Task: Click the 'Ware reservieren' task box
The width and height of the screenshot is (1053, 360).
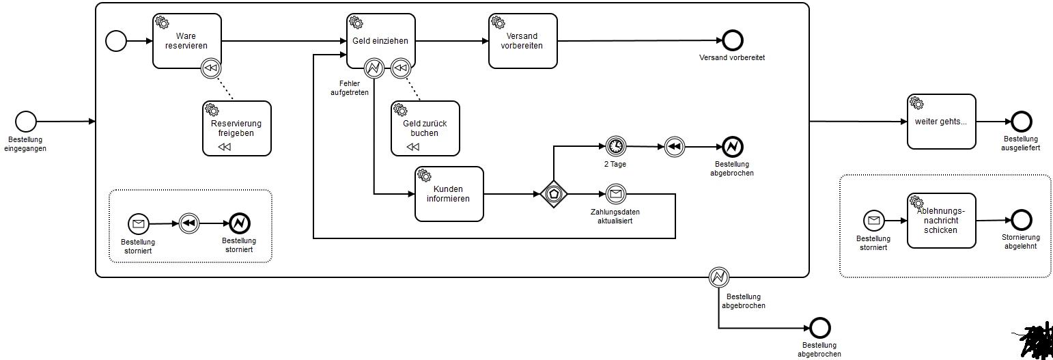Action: pyautogui.click(x=187, y=41)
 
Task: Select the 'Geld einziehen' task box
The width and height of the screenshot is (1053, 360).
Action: pyautogui.click(x=380, y=41)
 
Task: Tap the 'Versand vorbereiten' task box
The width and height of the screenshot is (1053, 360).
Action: pyautogui.click(x=522, y=41)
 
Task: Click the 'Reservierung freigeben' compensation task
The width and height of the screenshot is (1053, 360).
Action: pyautogui.click(x=236, y=128)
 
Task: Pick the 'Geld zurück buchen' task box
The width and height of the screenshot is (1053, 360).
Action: pyautogui.click(x=425, y=128)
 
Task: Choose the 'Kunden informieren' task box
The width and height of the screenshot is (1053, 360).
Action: pyautogui.click(x=449, y=194)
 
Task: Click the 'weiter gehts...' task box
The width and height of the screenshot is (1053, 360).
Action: pyautogui.click(x=941, y=122)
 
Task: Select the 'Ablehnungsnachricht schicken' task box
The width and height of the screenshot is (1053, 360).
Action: pyautogui.click(x=941, y=221)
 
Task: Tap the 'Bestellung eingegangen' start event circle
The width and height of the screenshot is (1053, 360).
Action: pyautogui.click(x=25, y=122)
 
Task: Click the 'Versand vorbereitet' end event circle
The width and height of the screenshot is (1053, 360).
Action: pyautogui.click(x=733, y=41)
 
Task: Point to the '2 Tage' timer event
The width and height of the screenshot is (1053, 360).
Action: pyautogui.click(x=615, y=146)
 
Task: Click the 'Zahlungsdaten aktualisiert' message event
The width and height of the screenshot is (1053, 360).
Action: pyautogui.click(x=615, y=194)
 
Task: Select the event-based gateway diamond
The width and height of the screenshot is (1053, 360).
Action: pyautogui.click(x=553, y=194)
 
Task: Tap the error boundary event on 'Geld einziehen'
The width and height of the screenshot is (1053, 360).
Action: pyautogui.click(x=374, y=68)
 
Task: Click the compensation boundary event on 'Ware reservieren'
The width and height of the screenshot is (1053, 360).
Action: pyautogui.click(x=212, y=68)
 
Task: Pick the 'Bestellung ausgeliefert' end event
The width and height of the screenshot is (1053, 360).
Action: pyautogui.click(x=1021, y=122)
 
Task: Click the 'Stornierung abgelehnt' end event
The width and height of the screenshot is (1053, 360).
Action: pyautogui.click(x=1021, y=220)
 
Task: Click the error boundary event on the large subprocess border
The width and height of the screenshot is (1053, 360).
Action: pyautogui.click(x=718, y=277)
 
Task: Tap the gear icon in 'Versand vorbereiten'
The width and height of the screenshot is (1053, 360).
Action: pyautogui.click(x=499, y=22)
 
